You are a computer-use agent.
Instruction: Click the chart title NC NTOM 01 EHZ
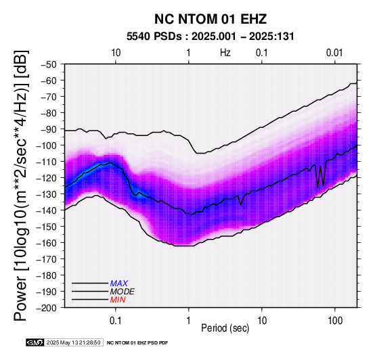[x=211, y=19]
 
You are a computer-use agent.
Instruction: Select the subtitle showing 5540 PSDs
[x=211, y=37]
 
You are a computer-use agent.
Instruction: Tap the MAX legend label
[x=119, y=284]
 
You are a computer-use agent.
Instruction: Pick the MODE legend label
[x=123, y=292]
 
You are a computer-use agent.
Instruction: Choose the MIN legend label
[x=118, y=300]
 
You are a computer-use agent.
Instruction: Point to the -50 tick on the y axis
[x=49, y=64]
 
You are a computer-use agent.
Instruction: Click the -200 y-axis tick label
[x=47, y=308]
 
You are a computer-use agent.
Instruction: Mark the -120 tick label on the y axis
[x=47, y=178]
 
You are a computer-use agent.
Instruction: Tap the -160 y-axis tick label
[x=47, y=243]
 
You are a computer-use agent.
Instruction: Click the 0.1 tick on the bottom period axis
[x=116, y=321]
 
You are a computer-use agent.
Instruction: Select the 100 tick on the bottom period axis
[x=335, y=321]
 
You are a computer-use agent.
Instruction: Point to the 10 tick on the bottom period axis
[x=262, y=321]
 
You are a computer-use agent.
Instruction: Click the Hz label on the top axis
[x=225, y=53]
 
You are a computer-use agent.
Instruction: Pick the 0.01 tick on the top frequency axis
[x=334, y=53]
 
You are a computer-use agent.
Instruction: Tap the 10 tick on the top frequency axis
[x=116, y=53]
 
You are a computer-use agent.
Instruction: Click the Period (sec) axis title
[x=225, y=328]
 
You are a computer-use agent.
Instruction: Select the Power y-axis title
[x=21, y=185]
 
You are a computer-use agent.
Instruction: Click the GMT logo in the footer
[x=35, y=342]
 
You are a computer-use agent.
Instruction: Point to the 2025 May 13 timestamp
[x=73, y=342]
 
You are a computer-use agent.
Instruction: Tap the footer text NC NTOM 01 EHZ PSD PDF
[x=137, y=343]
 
